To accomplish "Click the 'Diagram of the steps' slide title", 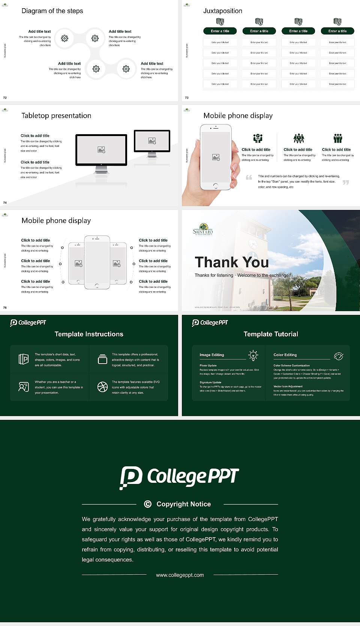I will point(52,11).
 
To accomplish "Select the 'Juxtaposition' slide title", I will point(223,11).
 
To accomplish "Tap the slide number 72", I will point(5,97).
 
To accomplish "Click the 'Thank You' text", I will point(232,262).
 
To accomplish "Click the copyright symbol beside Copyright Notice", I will point(148,504).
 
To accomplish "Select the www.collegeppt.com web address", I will point(180,575).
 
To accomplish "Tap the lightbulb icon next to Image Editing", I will point(253,355).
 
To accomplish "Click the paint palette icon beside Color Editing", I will point(339,356).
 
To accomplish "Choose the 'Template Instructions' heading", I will point(89,334).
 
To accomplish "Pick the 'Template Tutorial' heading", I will point(271,334).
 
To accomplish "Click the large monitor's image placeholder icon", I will point(101,150).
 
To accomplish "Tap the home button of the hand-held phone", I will point(215,186).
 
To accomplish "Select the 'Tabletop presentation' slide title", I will point(56,115).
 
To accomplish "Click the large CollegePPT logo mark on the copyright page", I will point(131,478).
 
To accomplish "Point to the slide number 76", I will point(5,307).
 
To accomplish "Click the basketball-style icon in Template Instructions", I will point(102,387).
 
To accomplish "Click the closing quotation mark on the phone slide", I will point(346,182).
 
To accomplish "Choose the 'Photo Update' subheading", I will point(208,365).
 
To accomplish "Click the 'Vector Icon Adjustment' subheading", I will point(288,386).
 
